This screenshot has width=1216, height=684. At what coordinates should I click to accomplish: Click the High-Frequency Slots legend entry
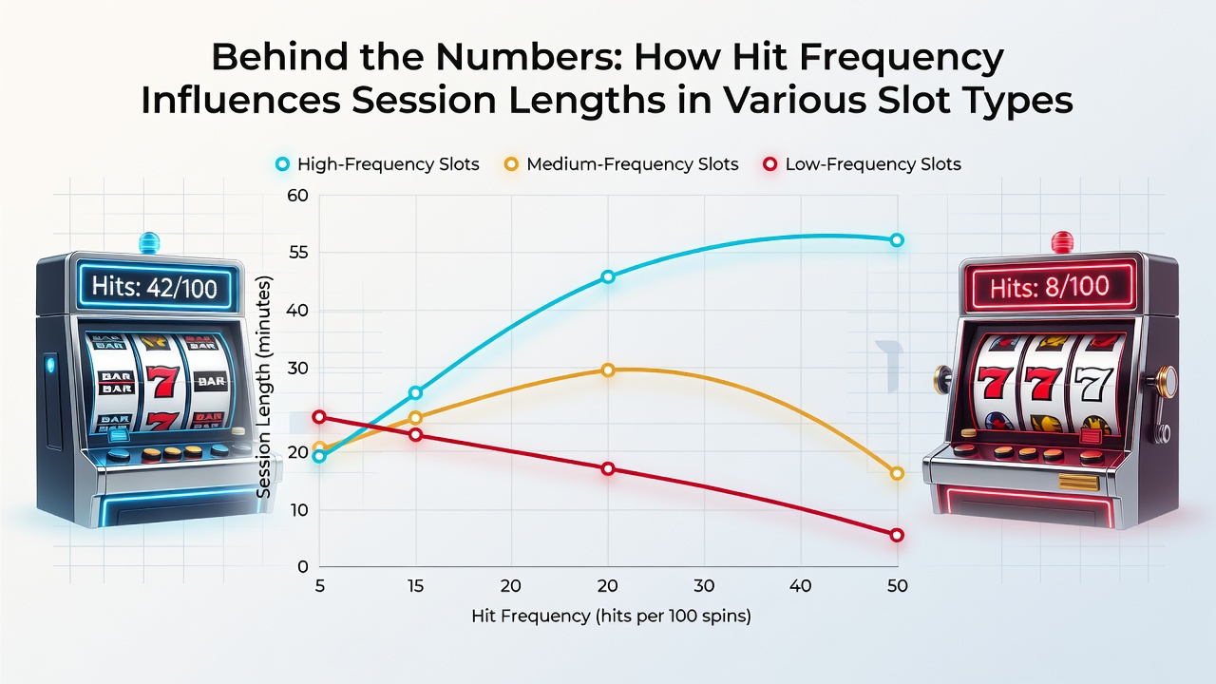378,164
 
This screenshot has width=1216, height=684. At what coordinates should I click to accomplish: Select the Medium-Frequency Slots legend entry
621,164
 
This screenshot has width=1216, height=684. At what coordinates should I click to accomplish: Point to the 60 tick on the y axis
297,196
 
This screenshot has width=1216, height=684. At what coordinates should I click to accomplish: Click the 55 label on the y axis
298,253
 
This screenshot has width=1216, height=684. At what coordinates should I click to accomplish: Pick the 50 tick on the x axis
897,586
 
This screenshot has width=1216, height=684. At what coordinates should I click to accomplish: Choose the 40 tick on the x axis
800,586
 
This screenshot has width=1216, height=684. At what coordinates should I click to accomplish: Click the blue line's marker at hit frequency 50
897,240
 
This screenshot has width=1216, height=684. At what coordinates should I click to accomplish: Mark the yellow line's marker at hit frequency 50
897,473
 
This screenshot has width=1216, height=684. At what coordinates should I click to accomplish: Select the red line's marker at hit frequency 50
897,535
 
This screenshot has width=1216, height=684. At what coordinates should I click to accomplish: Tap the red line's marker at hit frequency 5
320,417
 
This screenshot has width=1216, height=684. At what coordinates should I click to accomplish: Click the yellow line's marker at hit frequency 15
415,417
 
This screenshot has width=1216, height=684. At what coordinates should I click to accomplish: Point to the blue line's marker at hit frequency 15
415,392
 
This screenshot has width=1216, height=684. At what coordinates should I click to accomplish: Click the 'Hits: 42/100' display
155,287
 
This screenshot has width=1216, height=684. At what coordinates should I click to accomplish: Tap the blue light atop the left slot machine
149,242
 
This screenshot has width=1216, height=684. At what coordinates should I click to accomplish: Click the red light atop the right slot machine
1062,242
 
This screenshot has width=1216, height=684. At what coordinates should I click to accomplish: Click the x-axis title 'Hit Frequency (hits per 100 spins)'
611,617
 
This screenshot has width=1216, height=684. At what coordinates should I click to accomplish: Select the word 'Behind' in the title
279,56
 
